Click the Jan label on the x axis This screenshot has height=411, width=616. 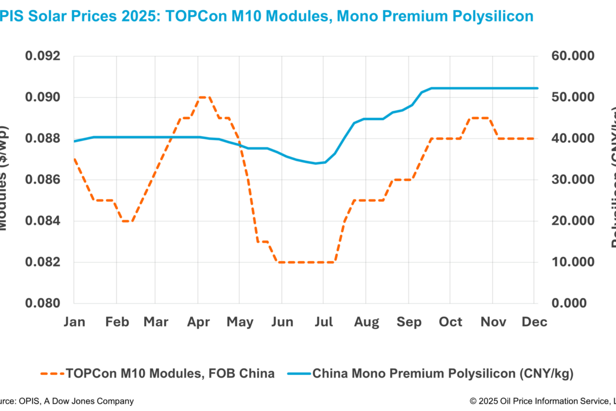(x=74, y=322)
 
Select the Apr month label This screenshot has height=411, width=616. (x=199, y=322)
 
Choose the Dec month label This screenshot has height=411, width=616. (x=534, y=322)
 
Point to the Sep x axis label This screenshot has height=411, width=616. (x=409, y=322)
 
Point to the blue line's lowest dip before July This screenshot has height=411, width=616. (x=316, y=163)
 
